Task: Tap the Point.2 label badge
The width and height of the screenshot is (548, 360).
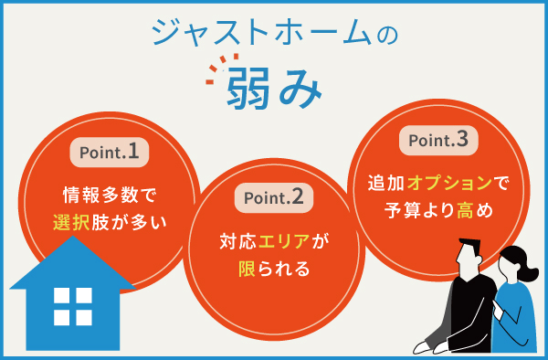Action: pyautogui.click(x=274, y=196)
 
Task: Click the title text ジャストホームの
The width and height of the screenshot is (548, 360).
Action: pyautogui.click(x=274, y=33)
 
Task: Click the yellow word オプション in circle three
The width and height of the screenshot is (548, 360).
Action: pyautogui.click(x=447, y=184)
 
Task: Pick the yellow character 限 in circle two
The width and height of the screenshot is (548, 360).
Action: pyautogui.click(x=244, y=270)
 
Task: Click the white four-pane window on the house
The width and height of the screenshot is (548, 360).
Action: pyautogui.click(x=73, y=306)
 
